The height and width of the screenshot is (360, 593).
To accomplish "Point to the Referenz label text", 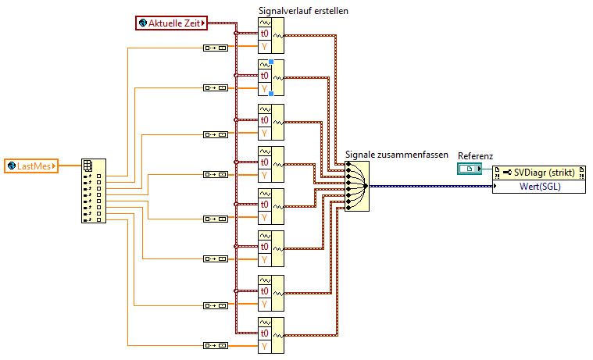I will click(475, 155).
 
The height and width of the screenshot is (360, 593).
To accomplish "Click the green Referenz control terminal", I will click(470, 169).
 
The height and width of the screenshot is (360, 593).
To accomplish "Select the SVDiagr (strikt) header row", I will click(539, 172).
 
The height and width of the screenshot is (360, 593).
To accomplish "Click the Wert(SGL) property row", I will click(539, 187).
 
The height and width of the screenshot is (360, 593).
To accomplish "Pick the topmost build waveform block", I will click(272, 34).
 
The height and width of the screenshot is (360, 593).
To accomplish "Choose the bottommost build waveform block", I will click(272, 335).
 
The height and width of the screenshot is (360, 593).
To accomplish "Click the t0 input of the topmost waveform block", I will click(265, 34).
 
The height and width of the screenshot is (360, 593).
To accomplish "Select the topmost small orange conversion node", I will click(215, 48).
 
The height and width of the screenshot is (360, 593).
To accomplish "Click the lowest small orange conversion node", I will click(215, 345).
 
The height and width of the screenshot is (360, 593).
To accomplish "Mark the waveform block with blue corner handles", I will click(272, 77).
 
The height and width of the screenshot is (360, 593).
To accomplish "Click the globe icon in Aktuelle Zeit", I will click(143, 23).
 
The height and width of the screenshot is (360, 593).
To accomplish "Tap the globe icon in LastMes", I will click(12, 165).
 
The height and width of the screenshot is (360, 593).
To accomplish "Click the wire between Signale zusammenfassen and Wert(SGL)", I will click(430, 187).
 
